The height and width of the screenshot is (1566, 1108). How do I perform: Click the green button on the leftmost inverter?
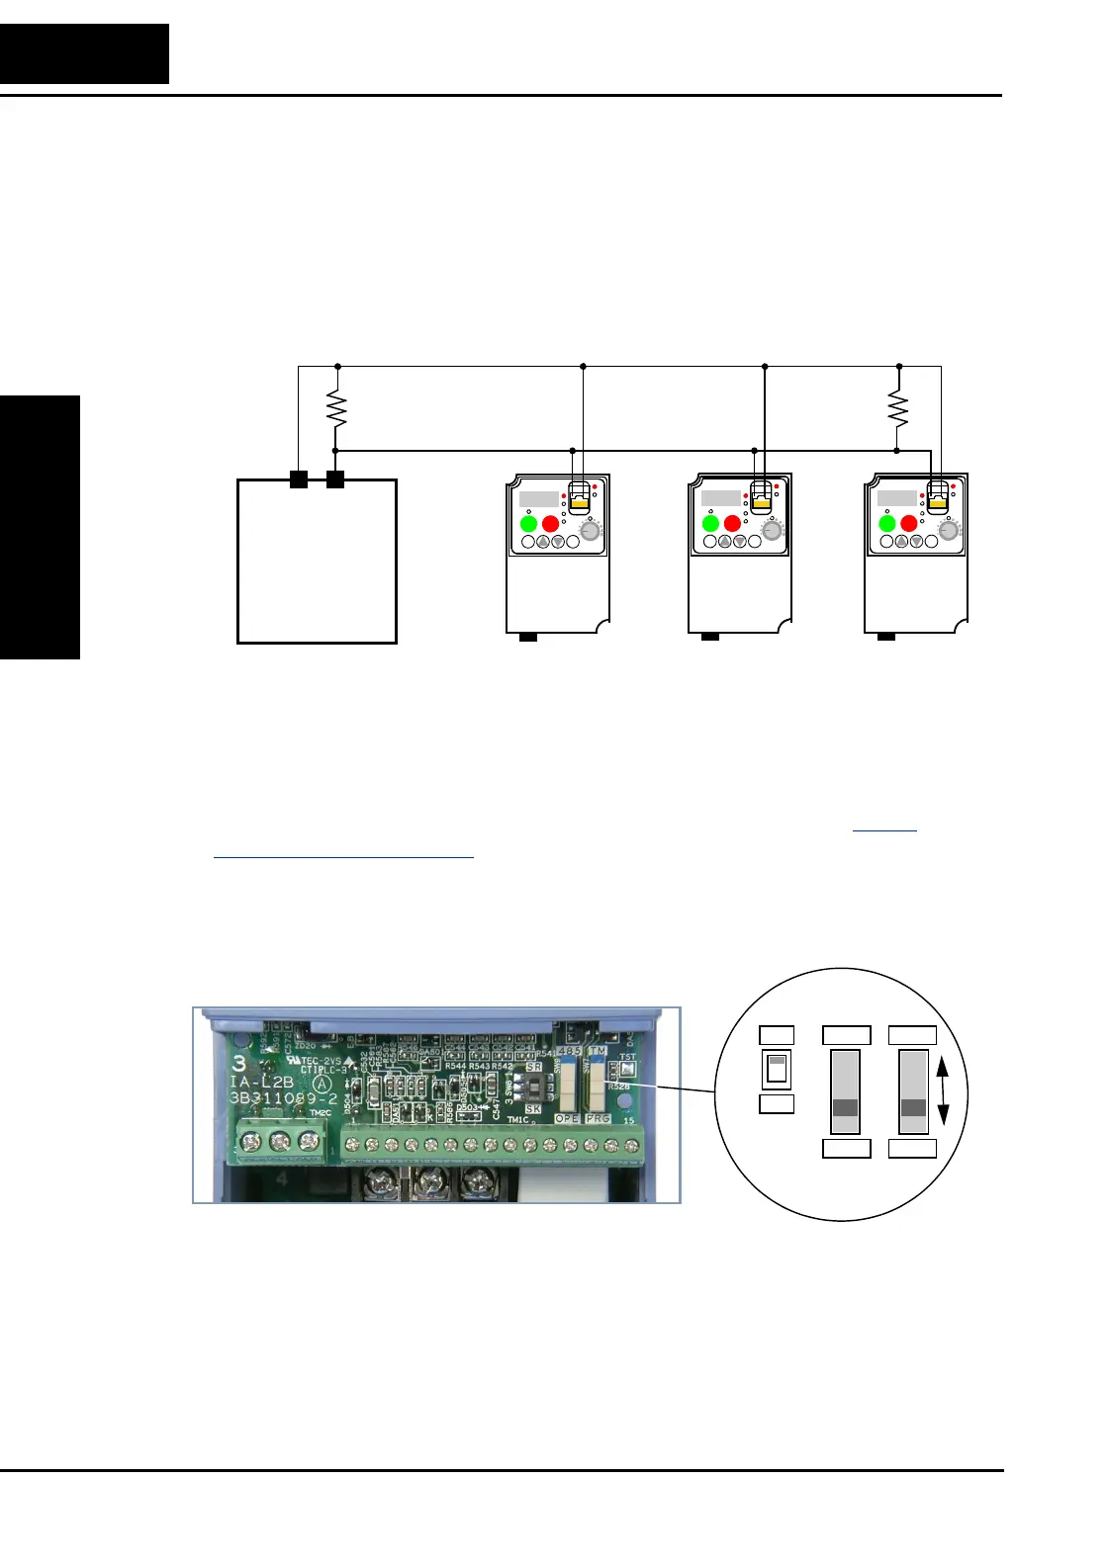pyautogui.click(x=528, y=523)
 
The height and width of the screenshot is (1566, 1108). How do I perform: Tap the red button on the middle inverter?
pyautogui.click(x=732, y=523)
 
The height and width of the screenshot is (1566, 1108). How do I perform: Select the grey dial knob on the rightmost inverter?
pyautogui.click(x=949, y=531)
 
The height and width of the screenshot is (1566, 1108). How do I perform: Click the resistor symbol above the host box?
pyautogui.click(x=337, y=408)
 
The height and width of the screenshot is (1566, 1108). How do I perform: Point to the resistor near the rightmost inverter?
pyautogui.click(x=897, y=407)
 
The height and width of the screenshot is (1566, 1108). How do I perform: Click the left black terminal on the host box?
pyautogui.click(x=298, y=479)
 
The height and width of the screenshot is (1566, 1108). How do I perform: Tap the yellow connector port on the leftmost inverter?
pyautogui.click(x=581, y=502)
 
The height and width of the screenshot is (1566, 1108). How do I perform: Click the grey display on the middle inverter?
pyautogui.click(x=720, y=498)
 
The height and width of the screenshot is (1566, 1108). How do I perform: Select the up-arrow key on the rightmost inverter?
pyautogui.click(x=901, y=542)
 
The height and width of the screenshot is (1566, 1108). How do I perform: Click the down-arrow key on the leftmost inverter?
pyautogui.click(x=558, y=542)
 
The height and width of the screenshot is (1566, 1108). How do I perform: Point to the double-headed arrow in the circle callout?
pyautogui.click(x=943, y=1091)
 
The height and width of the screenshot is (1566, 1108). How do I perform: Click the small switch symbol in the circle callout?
pyautogui.click(x=777, y=1069)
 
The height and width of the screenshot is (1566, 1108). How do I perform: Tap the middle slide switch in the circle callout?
pyautogui.click(x=846, y=1091)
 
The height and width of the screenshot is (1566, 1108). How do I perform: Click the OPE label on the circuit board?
pyautogui.click(x=567, y=1118)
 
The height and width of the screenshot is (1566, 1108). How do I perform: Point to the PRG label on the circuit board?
pyautogui.click(x=598, y=1118)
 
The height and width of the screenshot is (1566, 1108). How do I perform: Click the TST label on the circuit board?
pyautogui.click(x=627, y=1057)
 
